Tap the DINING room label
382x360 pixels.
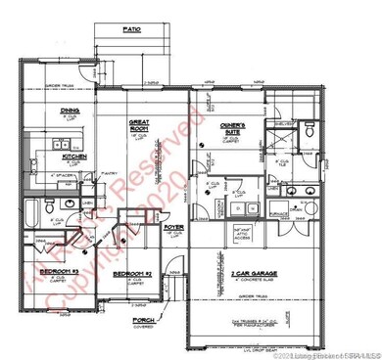point(70,111)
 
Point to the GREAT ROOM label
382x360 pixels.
point(138,124)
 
